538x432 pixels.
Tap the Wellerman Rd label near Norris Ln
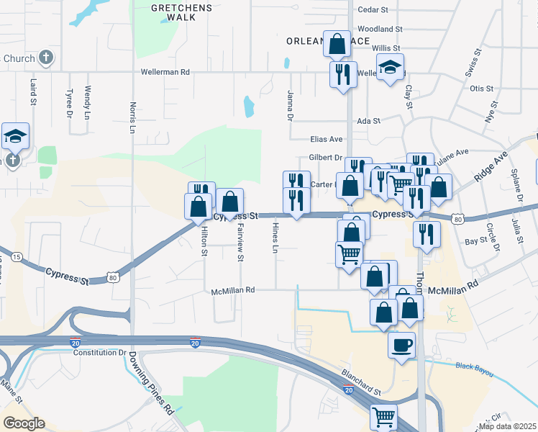click(x=165, y=72)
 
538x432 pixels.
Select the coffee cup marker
click(x=401, y=344)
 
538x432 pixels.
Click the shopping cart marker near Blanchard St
click(x=384, y=416)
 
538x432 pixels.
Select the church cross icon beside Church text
click(x=45, y=58)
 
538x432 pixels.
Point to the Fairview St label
click(x=240, y=242)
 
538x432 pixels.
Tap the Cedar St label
click(x=373, y=10)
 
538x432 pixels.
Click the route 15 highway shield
click(x=16, y=256)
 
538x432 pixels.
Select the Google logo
click(x=24, y=423)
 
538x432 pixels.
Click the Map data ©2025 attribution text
click(x=507, y=426)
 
